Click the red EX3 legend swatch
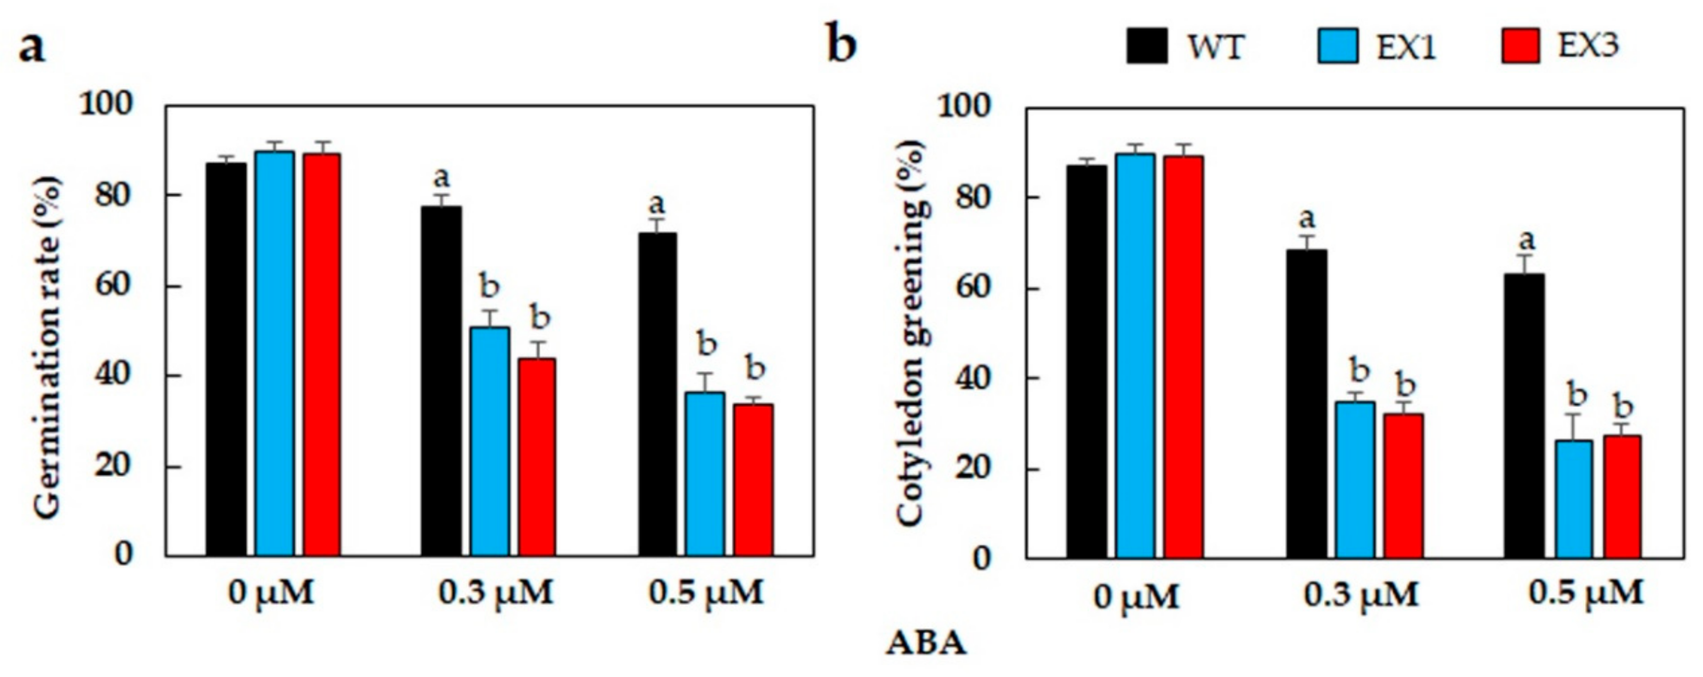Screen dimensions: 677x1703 (1520, 46)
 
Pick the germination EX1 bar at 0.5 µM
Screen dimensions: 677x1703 (705, 473)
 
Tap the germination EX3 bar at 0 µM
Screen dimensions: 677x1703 (322, 354)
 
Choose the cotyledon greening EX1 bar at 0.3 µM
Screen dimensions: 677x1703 (1354, 479)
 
